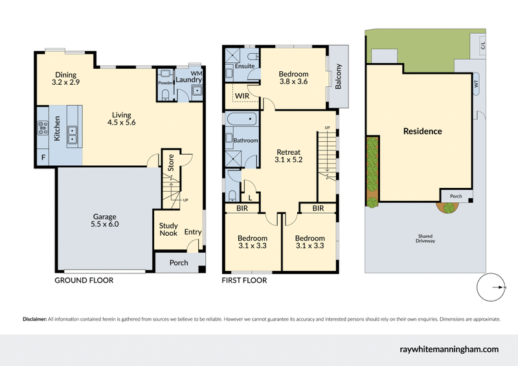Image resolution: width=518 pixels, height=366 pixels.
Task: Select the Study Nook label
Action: (168, 229)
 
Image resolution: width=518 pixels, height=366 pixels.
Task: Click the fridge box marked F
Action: (43, 157)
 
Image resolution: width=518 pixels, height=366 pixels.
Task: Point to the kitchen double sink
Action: (73, 135)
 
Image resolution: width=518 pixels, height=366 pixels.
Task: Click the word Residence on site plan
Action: (422, 132)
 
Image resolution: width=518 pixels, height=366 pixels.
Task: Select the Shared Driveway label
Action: (425, 238)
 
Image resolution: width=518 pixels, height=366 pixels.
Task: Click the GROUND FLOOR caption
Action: (84, 280)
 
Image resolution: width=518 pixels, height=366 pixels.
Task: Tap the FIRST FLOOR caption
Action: (244, 280)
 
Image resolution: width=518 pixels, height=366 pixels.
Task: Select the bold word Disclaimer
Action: (35, 319)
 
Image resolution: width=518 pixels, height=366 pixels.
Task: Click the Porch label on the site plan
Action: (456, 196)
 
